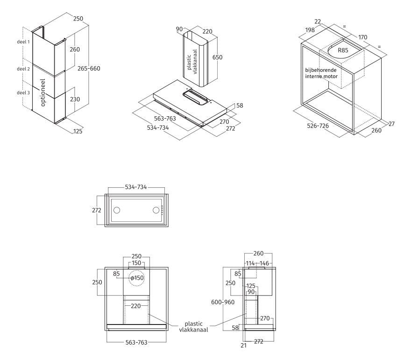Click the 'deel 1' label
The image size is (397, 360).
point(23,42)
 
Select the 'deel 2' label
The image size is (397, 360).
point(23,69)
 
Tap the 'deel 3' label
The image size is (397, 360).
point(23,92)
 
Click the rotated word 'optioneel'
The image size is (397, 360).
point(43,92)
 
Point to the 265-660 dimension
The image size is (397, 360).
point(89,68)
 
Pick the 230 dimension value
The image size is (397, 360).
point(75,99)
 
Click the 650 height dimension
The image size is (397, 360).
point(217,57)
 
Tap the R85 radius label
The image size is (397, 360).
point(343,50)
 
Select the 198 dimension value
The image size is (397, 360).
point(310,30)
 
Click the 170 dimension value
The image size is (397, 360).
point(362,37)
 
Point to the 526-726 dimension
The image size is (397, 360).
point(318,126)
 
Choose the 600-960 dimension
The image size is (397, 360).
point(223,302)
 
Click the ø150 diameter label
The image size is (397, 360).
point(137,278)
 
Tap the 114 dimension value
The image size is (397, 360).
point(250,263)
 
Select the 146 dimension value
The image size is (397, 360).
point(264,263)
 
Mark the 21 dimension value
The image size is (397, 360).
point(243,346)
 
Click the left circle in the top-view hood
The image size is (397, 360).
point(117,210)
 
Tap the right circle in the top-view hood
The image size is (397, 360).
point(156,210)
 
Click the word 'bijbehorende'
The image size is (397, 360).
point(321,70)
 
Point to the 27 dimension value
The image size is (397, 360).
point(391,124)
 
